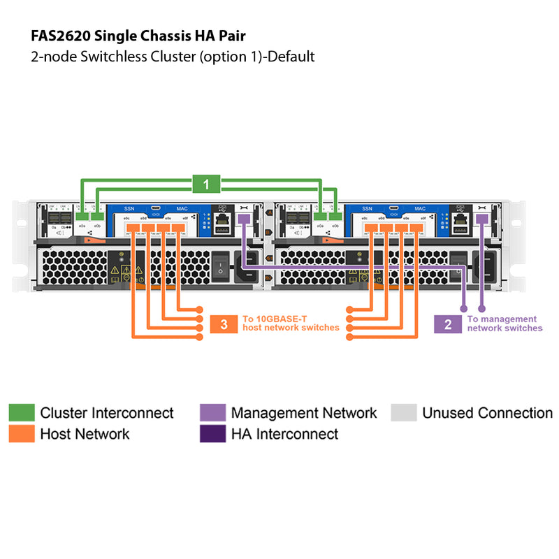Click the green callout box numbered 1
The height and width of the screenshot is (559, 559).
click(x=205, y=184)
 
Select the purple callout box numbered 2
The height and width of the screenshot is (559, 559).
click(x=447, y=324)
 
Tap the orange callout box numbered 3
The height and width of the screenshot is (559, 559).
click(x=224, y=324)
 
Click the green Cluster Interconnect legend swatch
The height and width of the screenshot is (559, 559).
click(x=21, y=412)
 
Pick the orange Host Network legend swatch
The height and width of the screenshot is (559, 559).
click(x=21, y=434)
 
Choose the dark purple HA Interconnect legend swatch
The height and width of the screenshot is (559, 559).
click(x=212, y=434)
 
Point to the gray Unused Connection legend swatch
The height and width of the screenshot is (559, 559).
click(x=403, y=412)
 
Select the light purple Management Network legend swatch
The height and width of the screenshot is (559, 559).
click(x=212, y=412)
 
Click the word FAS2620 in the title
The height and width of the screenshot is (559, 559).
click(x=61, y=35)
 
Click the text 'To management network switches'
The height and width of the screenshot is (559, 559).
click(x=504, y=324)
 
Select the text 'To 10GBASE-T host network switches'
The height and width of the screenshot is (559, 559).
click(x=290, y=323)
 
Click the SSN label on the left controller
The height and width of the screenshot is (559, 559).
click(x=129, y=208)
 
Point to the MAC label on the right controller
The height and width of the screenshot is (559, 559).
click(x=419, y=208)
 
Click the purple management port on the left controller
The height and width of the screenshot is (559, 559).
click(x=242, y=219)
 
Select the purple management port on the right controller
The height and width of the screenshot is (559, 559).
click(x=481, y=219)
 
